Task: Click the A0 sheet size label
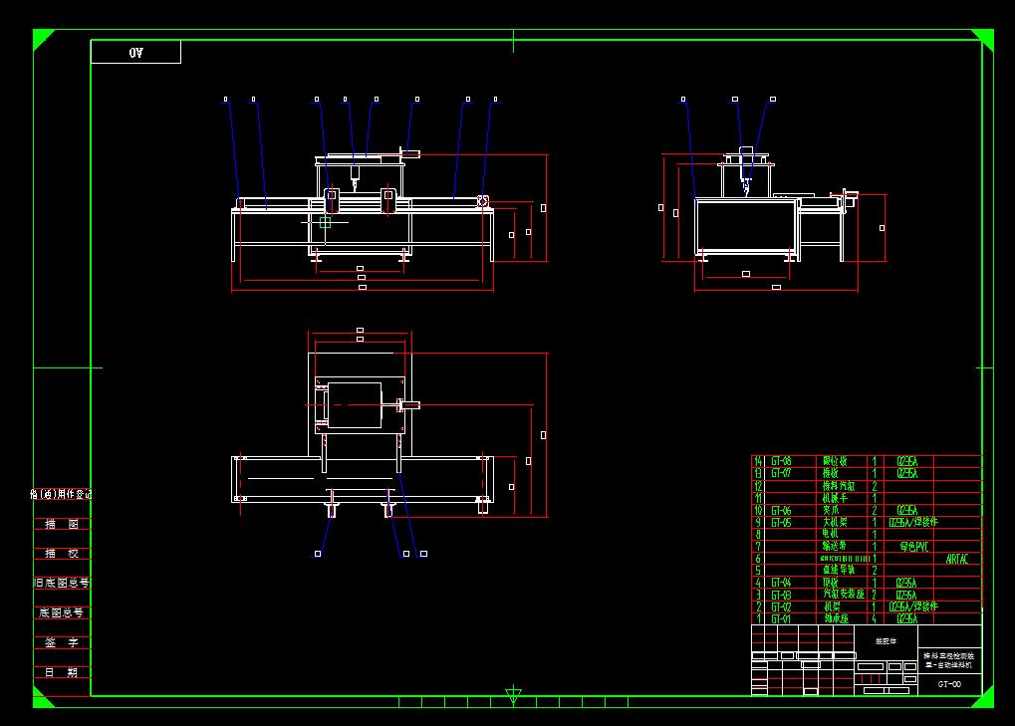point(136,53)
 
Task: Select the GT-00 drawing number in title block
point(949,684)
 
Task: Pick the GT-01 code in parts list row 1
point(781,618)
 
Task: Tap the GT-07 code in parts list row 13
point(781,473)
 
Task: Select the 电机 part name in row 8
point(832,534)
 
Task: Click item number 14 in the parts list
point(758,461)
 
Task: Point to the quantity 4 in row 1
point(875,618)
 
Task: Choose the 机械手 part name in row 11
point(834,497)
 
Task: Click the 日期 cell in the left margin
point(61,672)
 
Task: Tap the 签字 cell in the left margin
point(61,642)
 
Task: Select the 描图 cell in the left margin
point(61,524)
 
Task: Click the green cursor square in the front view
point(325,223)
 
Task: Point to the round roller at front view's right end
point(482,201)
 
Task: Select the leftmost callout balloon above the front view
point(226,100)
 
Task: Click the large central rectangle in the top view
point(355,405)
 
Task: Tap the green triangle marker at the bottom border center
point(513,694)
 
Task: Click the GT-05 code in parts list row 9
point(781,522)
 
